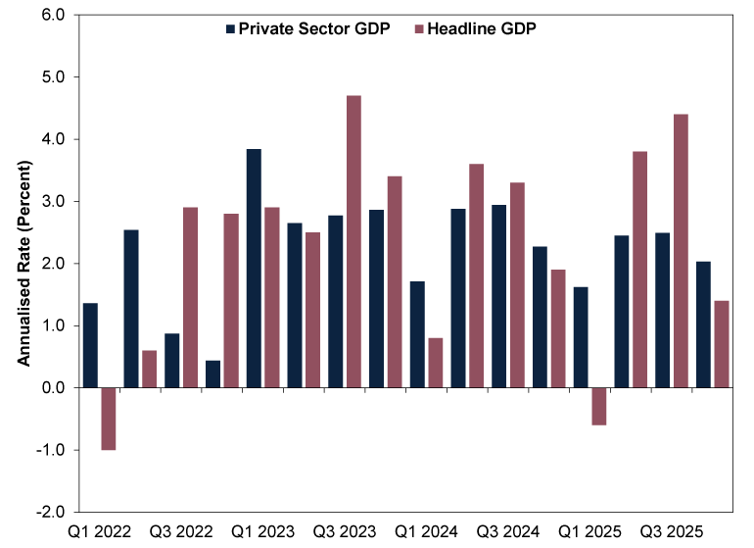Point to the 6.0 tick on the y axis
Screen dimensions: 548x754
52,16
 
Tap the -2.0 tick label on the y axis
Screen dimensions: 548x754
50,513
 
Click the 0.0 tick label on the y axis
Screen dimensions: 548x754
52,388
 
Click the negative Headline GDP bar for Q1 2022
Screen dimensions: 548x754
109,419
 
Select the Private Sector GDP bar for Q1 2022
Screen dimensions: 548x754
90,345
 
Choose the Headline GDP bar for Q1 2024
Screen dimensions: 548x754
435,363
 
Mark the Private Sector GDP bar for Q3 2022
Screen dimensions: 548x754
171,360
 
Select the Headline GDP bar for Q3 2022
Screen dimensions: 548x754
190,297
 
